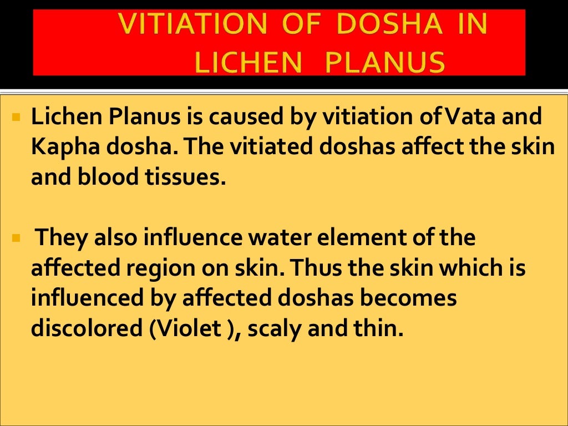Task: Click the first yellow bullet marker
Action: tap(16, 118)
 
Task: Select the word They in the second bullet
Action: tap(57, 239)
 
